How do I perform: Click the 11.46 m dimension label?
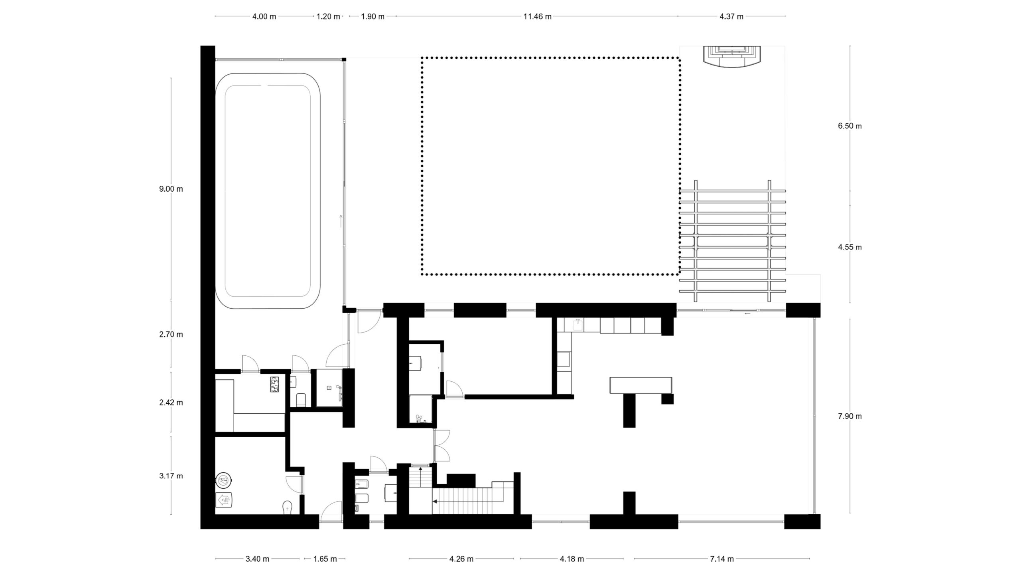[537, 16]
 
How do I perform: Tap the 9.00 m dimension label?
[171, 189]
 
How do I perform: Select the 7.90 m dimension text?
[850, 416]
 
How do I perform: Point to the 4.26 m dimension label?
[461, 559]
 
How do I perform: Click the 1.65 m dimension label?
[325, 559]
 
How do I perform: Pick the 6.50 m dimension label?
[850, 126]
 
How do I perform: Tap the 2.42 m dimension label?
[171, 402]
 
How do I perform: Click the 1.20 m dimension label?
[328, 16]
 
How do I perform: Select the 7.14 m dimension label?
[721, 559]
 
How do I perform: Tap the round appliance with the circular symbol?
[224, 480]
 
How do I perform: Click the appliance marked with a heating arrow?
[224, 500]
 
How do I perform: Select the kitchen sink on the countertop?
[577, 325]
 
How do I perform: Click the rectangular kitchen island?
[641, 385]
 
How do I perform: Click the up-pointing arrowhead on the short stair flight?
[420, 468]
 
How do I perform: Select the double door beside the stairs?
[442, 446]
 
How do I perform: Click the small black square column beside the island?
[667, 399]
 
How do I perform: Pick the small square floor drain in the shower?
[329, 387]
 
